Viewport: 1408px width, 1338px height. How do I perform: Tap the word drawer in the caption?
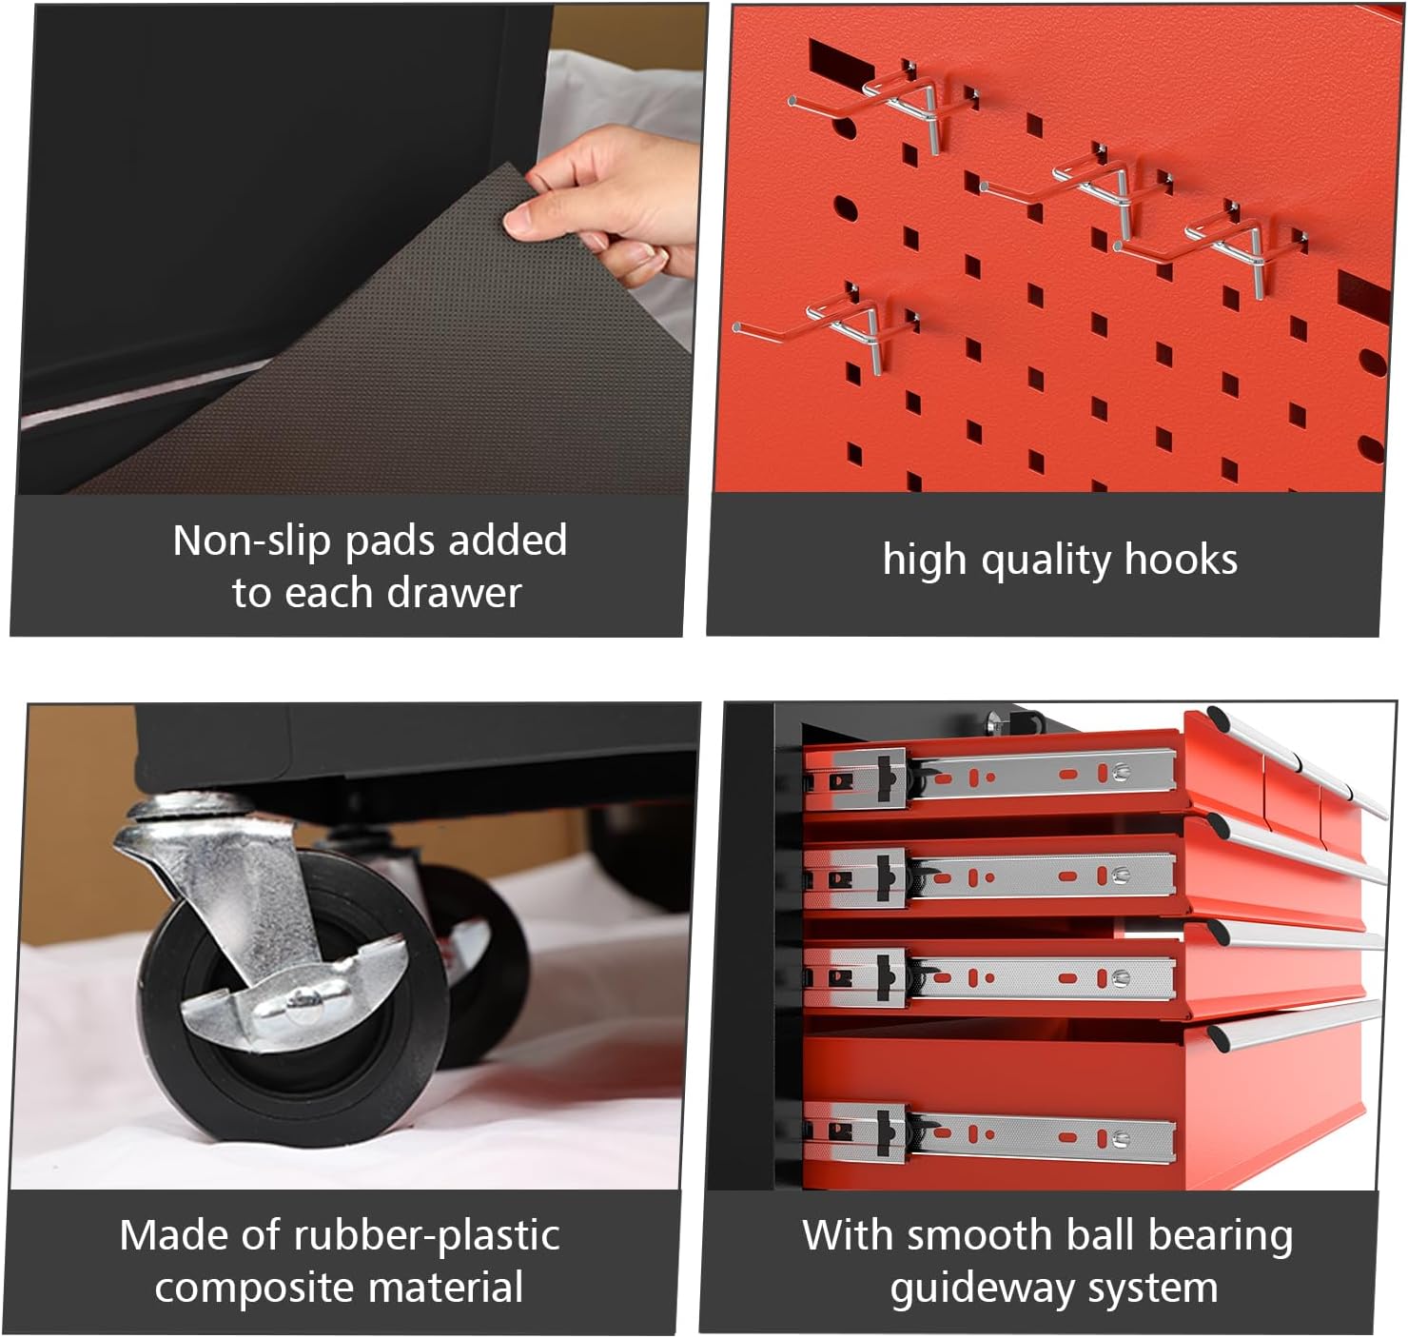point(454,594)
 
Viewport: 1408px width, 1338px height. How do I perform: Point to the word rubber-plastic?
point(427,1235)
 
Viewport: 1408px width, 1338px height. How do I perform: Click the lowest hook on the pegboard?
point(824,326)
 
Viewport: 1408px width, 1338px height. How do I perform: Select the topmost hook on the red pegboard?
point(880,104)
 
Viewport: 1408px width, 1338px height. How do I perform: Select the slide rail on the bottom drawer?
point(988,1134)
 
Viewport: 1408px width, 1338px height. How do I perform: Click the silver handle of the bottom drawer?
point(1294,1025)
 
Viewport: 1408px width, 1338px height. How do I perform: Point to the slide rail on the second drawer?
point(988,876)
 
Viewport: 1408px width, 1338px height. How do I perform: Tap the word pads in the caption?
point(390,541)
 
